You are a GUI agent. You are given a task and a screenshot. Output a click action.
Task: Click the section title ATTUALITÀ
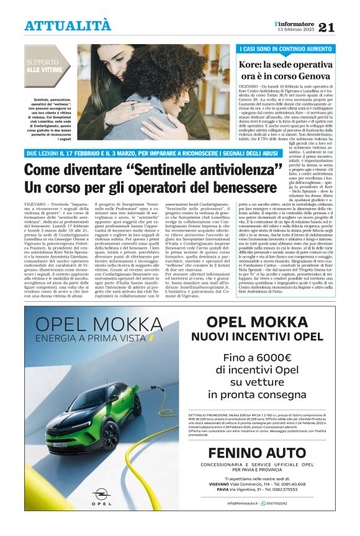(68, 25)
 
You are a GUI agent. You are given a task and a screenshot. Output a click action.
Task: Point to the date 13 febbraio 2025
(296, 30)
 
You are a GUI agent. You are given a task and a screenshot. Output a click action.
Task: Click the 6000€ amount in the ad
(276, 357)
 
